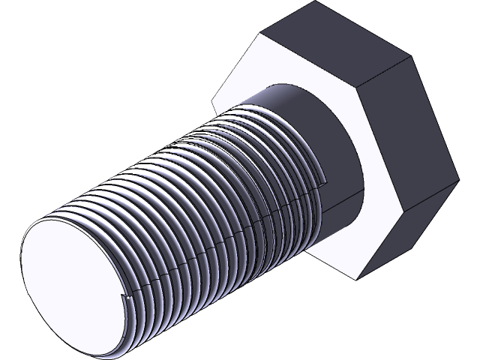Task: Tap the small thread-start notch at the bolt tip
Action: click(127, 301)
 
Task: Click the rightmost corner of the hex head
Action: click(458, 180)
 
